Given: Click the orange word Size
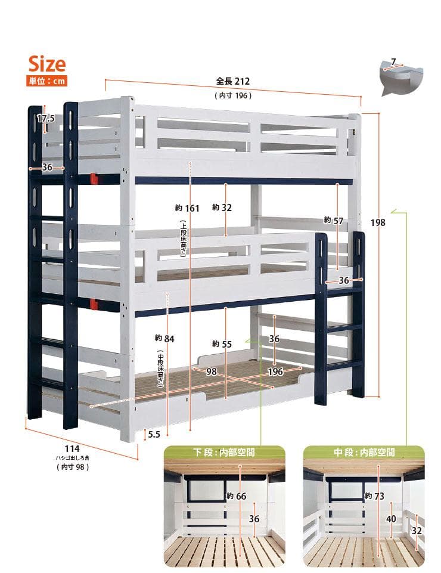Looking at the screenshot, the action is tap(47, 64).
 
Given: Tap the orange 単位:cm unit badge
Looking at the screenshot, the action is tap(46, 80).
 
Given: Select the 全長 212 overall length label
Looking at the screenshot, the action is tap(233, 81).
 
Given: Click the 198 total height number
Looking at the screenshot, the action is tap(378, 222).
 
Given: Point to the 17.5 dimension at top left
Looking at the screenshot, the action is tap(46, 119).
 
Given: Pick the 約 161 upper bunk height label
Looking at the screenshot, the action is tap(187, 208).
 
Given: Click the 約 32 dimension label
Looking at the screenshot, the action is tap(222, 207).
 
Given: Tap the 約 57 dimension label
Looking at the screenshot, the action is tap(334, 221).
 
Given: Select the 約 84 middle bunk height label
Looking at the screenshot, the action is tap(164, 339).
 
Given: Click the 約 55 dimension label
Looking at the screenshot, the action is tap(222, 344).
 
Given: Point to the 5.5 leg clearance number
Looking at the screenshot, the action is tap(154, 435).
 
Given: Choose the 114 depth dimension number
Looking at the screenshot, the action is tap(72, 449).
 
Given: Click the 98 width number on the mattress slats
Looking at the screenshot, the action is tap(212, 371).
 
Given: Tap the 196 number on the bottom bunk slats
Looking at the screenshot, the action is tap(275, 371).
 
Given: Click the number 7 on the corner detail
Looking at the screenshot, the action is tap(393, 62).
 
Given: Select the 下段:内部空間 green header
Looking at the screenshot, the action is tap(224, 453).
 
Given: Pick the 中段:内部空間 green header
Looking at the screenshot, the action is tap(364, 453).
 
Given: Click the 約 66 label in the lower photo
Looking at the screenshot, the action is tap(236, 496).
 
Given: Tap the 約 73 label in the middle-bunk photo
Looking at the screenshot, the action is tap(374, 496).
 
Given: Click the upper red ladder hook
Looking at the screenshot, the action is tap(94, 179).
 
